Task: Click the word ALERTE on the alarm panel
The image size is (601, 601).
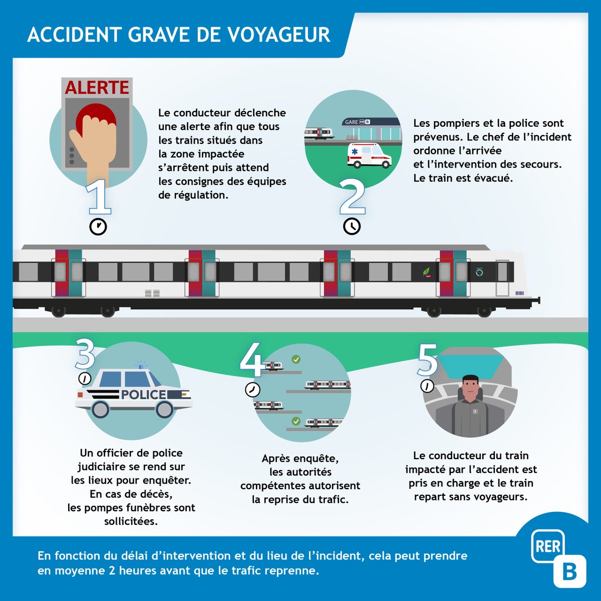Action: pos(97,88)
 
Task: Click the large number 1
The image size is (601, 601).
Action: pos(99,197)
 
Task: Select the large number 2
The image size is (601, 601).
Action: pos(352,197)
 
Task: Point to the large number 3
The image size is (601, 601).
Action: pos(85,354)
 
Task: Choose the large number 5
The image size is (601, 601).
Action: pos(428,360)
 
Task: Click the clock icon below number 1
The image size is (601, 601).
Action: pos(98,226)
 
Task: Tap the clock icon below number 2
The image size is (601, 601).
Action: pos(352,226)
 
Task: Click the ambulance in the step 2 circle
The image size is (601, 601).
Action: pos(370,155)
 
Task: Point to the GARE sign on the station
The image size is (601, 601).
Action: pos(352,122)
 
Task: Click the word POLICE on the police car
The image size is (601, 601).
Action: pos(143,395)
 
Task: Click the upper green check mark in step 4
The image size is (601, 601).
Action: pos(296,360)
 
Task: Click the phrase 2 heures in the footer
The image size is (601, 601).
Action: pos(127,570)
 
